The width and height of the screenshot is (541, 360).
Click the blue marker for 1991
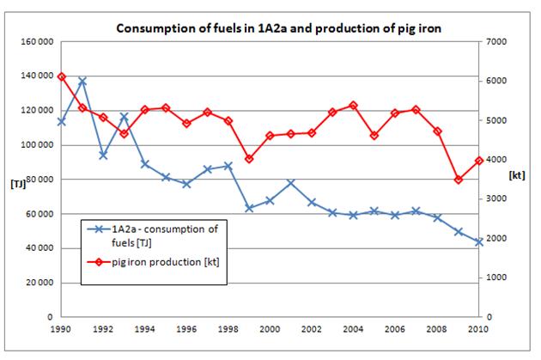tap(82, 82)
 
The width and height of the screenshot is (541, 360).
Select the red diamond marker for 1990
tap(61, 76)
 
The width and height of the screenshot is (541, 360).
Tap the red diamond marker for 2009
tap(458, 180)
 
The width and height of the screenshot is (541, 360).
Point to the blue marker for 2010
tap(478, 242)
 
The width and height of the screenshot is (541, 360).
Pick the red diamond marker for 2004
tap(353, 105)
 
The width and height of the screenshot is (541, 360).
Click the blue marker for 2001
tap(290, 182)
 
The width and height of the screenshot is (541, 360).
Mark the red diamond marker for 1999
tap(249, 159)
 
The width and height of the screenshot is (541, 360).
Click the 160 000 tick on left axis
tap(35, 42)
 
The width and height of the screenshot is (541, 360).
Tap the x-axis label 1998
tap(228, 328)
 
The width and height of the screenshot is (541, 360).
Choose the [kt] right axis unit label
tap(516, 175)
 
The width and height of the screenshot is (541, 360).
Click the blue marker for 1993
tap(124, 116)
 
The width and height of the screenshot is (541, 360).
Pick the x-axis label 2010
tap(477, 328)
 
